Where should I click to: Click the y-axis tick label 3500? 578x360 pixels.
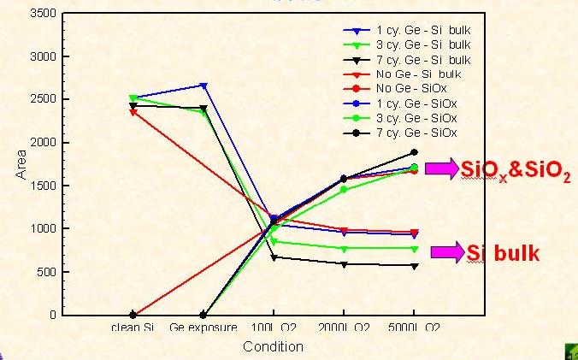pos(44,14)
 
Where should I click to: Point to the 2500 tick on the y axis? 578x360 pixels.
pos(44,100)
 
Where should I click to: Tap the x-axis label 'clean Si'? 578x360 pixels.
pos(132,328)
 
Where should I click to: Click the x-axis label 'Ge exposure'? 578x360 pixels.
pos(203,328)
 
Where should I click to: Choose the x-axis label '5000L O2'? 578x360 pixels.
pos(415,328)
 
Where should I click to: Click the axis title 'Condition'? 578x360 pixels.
pos(273,346)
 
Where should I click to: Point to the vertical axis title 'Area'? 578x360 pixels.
pos(21,164)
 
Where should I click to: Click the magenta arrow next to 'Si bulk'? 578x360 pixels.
pos(446,252)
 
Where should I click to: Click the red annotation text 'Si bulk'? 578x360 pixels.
pos(504,253)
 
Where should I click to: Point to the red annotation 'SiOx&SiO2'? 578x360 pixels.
pos(515,170)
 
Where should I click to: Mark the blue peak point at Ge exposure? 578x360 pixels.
pos(203,85)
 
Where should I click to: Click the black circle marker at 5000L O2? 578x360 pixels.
pos(415,152)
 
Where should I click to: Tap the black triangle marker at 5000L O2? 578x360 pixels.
pos(415,266)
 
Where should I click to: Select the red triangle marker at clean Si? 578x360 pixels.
pos(133,112)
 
